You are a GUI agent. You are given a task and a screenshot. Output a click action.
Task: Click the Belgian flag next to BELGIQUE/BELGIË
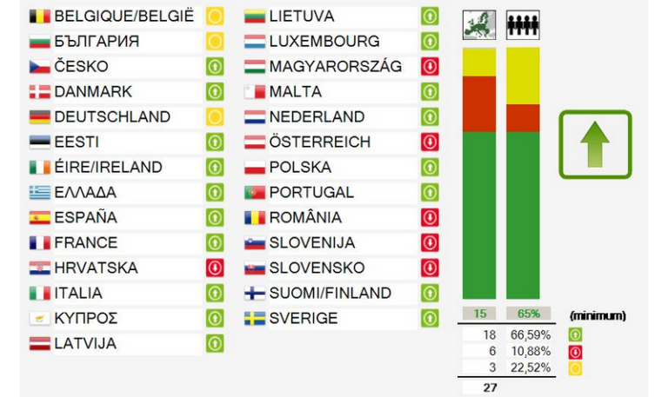click(40, 17)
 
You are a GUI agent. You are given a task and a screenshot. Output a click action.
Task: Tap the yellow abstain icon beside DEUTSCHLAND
click(214, 117)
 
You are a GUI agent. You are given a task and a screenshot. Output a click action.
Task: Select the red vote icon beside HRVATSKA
click(214, 268)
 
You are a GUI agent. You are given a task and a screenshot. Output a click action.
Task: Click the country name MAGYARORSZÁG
click(336, 67)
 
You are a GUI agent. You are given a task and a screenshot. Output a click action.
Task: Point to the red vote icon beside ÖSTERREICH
click(430, 142)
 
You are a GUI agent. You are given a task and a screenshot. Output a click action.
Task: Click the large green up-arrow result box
click(595, 144)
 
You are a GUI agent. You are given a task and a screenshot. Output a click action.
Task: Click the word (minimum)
click(598, 315)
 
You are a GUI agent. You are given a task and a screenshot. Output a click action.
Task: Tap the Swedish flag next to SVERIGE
click(255, 319)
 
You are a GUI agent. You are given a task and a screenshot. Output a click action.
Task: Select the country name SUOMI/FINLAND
click(330, 294)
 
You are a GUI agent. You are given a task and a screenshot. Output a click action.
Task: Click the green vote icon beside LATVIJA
click(214, 344)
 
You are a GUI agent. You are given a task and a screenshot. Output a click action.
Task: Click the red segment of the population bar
click(523, 117)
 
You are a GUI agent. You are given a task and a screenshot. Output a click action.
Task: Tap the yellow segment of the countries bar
click(478, 62)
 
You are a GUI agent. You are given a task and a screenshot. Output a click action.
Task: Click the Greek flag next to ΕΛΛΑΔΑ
click(40, 193)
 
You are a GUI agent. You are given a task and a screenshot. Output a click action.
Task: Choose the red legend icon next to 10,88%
click(575, 352)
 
